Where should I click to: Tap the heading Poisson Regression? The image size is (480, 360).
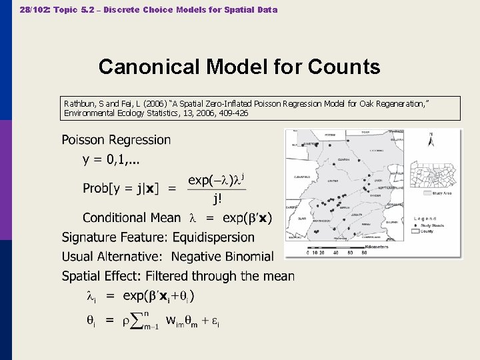(x=116, y=140)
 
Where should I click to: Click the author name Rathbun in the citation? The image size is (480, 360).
(x=79, y=104)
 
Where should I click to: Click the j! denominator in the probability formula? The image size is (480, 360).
(x=217, y=199)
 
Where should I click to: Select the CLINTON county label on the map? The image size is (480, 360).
(x=343, y=160)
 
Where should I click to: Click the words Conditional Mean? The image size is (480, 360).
(x=131, y=217)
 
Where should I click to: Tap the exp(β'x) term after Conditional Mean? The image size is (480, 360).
(x=247, y=217)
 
